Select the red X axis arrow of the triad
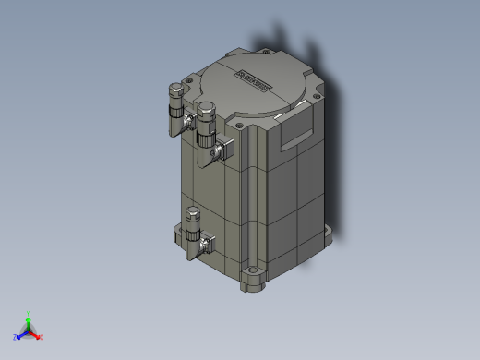(x=36, y=334)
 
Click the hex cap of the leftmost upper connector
(x=174, y=90)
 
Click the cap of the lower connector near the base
(x=193, y=214)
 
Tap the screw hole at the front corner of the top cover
(x=241, y=125)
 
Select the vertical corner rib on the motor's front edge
(x=246, y=203)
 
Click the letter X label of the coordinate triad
(x=42, y=337)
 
